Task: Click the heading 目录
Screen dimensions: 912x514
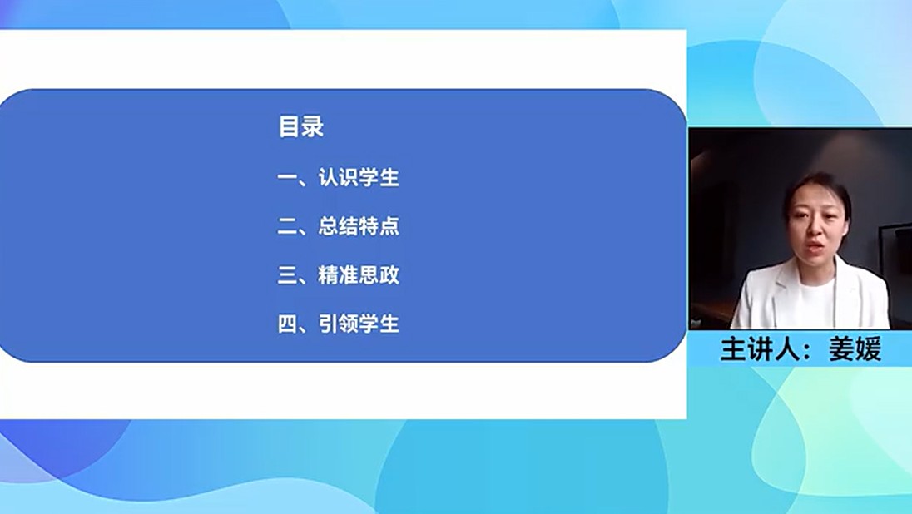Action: tap(300, 126)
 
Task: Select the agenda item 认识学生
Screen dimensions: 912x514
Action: tap(359, 177)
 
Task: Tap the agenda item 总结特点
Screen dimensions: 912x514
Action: tap(359, 225)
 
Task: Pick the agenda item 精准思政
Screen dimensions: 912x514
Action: tap(359, 274)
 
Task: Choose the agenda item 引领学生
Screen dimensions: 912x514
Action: tap(359, 324)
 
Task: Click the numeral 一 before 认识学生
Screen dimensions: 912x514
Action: tap(287, 177)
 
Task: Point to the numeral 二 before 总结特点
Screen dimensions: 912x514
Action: tap(287, 226)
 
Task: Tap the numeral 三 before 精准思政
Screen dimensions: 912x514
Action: tap(287, 275)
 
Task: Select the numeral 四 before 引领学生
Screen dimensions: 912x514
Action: tap(287, 324)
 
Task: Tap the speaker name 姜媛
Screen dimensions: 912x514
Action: tap(855, 348)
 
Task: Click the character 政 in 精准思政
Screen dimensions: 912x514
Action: tap(389, 274)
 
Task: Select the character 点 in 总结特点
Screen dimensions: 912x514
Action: tap(389, 225)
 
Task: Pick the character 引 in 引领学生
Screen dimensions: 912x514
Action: tap(328, 324)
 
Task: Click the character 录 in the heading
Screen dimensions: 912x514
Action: tap(313, 126)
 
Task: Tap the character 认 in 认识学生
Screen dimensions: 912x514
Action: tap(328, 177)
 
